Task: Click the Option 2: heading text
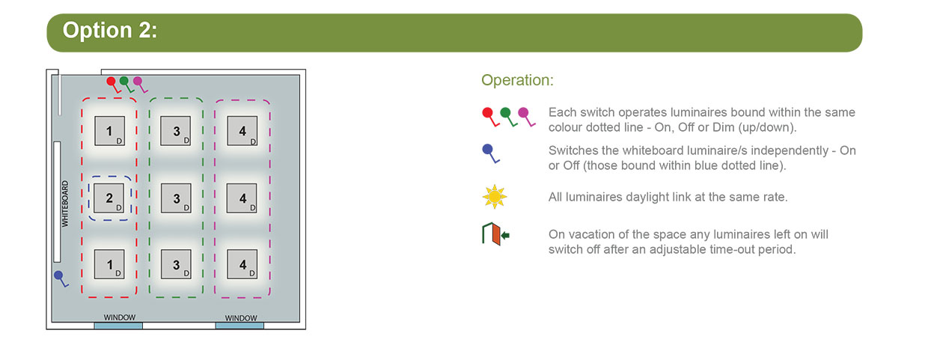tap(110, 30)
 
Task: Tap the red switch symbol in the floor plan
tap(112, 84)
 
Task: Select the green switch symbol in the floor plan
tap(126, 84)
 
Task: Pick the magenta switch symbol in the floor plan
tap(140, 84)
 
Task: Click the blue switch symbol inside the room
tap(61, 278)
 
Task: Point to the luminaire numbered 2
tap(109, 198)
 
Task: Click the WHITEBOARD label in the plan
tap(65, 204)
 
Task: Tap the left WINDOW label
tap(119, 317)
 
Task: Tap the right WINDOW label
tap(241, 318)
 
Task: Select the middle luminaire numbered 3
tap(176, 198)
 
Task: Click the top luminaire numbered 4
tap(242, 131)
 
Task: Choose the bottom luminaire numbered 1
tap(109, 264)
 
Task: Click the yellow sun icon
tap(494, 197)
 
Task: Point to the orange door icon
tap(495, 234)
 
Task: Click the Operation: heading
tap(517, 80)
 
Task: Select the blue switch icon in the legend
tap(490, 153)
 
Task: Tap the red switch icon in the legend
tap(490, 117)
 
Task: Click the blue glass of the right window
tap(240, 326)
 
